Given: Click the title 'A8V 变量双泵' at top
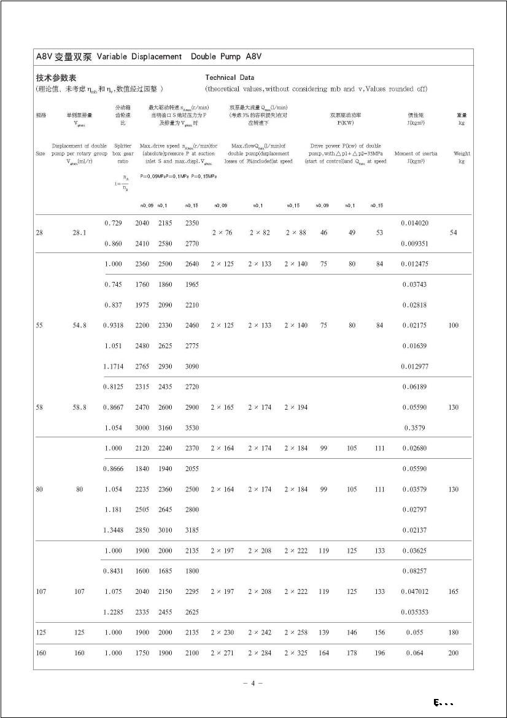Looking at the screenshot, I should pyautogui.click(x=64, y=57).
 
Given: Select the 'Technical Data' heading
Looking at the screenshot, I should pyautogui.click(x=229, y=78).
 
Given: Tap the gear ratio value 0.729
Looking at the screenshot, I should pyautogui.click(x=113, y=223).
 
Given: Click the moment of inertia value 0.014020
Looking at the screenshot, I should pyautogui.click(x=414, y=223).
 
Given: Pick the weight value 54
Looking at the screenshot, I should pyautogui.click(x=453, y=233).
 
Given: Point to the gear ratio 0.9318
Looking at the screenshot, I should pyautogui.click(x=113, y=326).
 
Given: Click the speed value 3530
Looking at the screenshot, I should pyautogui.click(x=192, y=427).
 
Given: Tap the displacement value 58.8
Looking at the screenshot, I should pyautogui.click(x=79, y=407).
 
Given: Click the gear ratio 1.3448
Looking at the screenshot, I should pyautogui.click(x=113, y=530).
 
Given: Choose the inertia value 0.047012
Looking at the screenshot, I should pyautogui.click(x=414, y=591).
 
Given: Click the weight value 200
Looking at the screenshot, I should pyautogui.click(x=453, y=653).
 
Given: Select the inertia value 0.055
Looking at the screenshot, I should pyautogui.click(x=414, y=632).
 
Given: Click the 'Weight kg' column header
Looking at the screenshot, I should pyautogui.click(x=462, y=157).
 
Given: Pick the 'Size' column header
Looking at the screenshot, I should pyautogui.click(x=40, y=154).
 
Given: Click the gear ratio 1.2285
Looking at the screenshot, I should pyautogui.click(x=113, y=612).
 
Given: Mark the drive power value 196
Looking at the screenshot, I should pyautogui.click(x=380, y=653).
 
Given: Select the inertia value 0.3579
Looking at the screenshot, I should pyautogui.click(x=414, y=427).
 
